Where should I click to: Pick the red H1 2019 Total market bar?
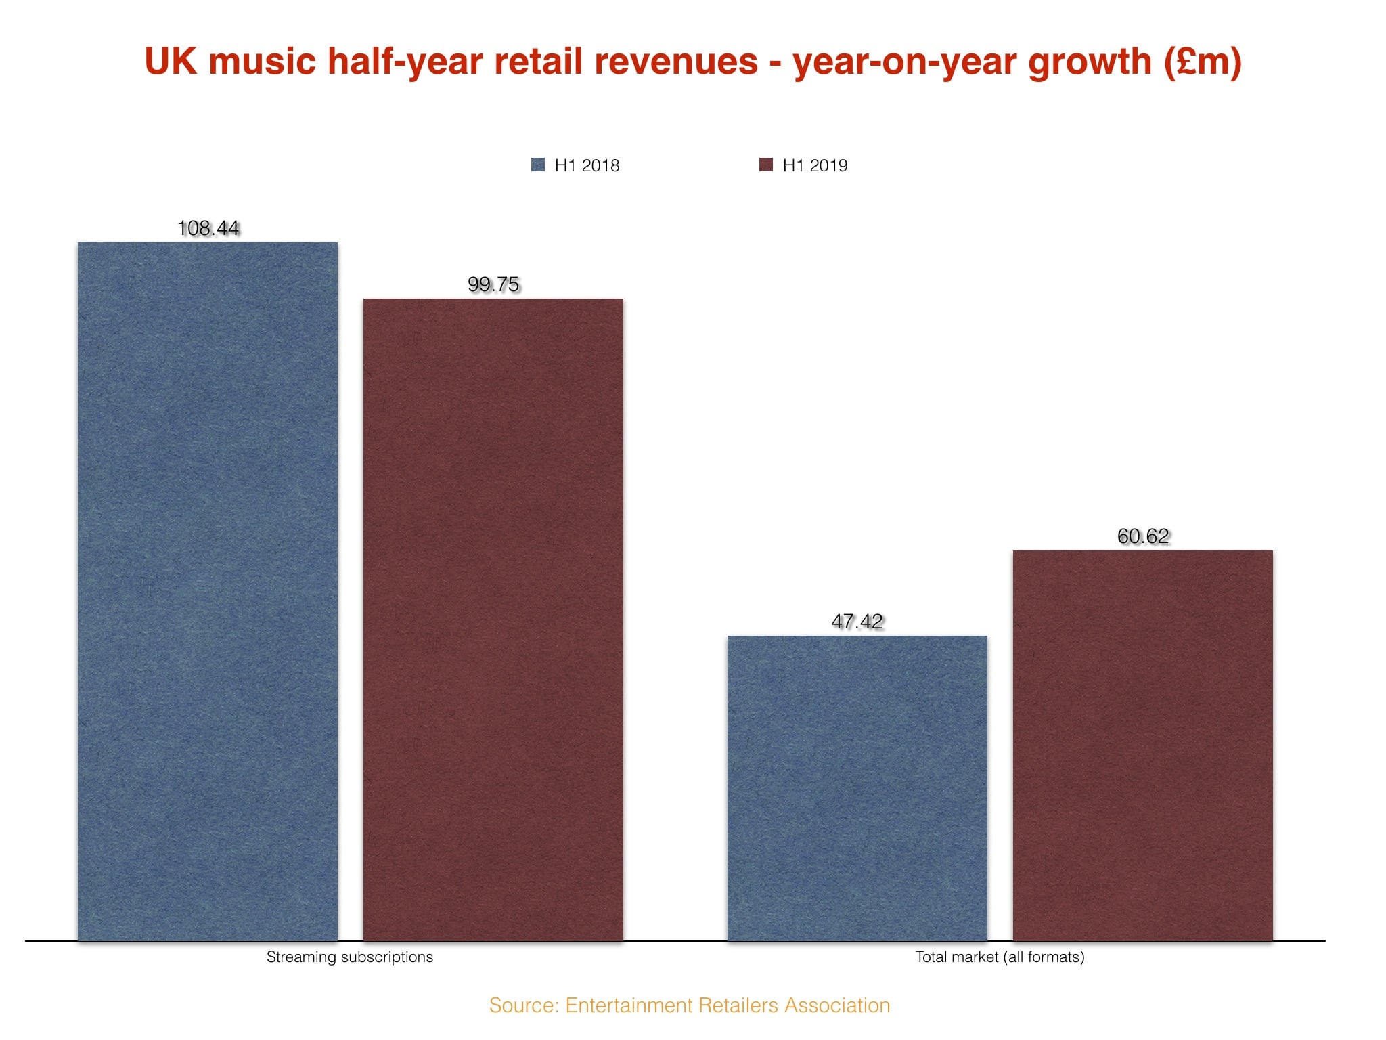tap(1142, 745)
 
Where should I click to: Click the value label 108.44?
tap(208, 228)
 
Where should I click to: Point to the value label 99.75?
tap(493, 284)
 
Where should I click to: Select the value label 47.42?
tap(857, 622)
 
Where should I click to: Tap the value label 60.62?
tap(1143, 536)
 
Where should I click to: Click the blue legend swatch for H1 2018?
tap(538, 165)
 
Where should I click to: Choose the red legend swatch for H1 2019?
tap(766, 165)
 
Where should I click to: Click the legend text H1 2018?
tap(587, 165)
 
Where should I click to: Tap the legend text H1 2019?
tap(815, 165)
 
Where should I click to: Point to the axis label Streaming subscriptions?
tap(349, 957)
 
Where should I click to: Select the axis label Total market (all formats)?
tap(1000, 957)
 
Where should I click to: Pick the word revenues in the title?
tap(676, 62)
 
